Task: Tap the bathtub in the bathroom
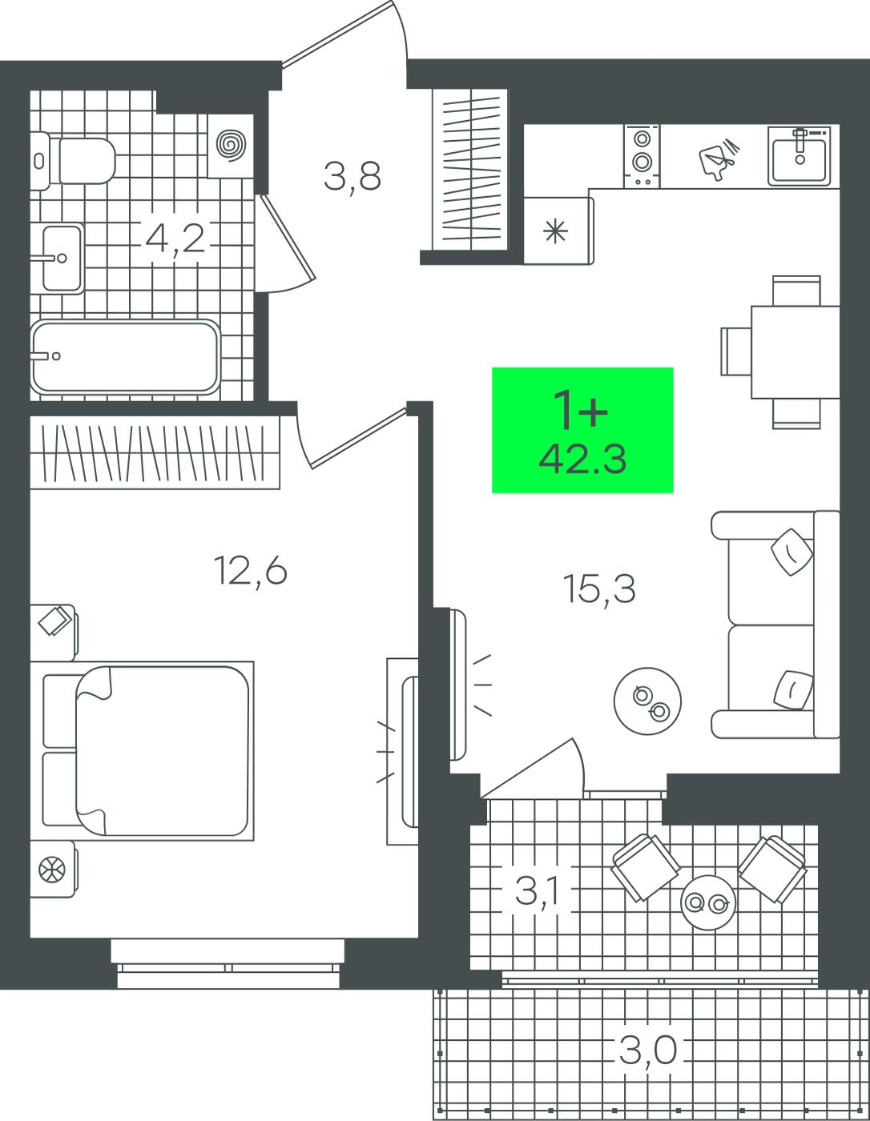point(126,357)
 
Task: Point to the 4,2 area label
point(175,239)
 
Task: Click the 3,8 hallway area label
point(352,176)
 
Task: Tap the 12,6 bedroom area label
point(250,571)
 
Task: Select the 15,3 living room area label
point(599,589)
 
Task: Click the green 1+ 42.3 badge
point(582,430)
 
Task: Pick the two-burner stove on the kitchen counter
point(642,156)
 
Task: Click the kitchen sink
point(800,156)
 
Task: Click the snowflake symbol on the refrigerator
point(555,231)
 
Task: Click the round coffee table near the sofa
point(647,701)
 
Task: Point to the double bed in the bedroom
point(142,751)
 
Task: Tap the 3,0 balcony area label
point(647,1051)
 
